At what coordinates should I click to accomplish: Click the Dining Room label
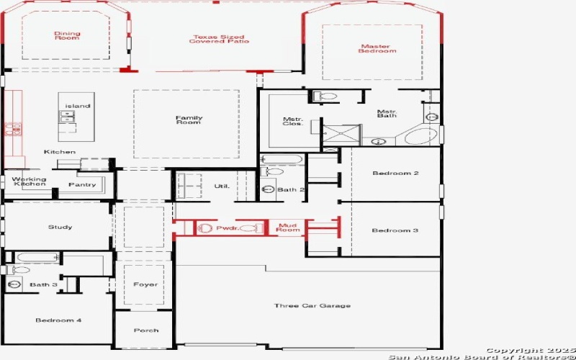tap(67, 35)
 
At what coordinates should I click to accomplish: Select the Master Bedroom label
tap(378, 48)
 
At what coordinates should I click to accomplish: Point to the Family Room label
tap(189, 120)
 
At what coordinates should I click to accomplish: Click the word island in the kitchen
tap(78, 106)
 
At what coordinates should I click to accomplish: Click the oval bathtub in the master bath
tap(420, 135)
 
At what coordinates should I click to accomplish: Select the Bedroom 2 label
tap(395, 173)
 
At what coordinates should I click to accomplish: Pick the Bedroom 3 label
tap(395, 230)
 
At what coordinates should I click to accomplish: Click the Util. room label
tap(222, 186)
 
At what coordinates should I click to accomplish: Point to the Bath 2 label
tap(292, 190)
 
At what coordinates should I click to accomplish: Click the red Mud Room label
tap(287, 228)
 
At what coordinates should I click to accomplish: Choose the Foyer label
tap(145, 284)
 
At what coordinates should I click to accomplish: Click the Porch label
tap(146, 330)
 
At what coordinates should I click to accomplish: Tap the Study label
tap(60, 228)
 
